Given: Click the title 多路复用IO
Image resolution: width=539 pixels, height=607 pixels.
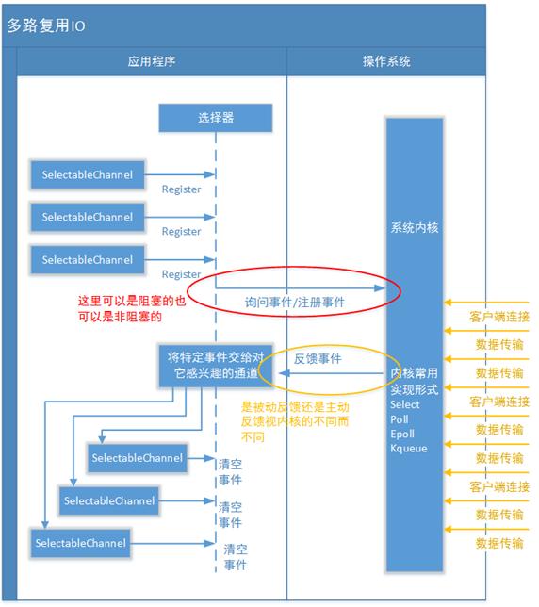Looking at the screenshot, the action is [x=46, y=25].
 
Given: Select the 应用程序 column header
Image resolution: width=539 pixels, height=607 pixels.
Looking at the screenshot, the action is [x=152, y=61].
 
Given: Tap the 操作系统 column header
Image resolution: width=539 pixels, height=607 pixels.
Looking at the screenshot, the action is [x=386, y=61].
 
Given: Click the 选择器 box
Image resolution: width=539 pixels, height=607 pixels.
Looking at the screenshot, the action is [x=216, y=118].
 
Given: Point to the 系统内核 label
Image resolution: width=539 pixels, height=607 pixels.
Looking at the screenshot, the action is [x=415, y=228].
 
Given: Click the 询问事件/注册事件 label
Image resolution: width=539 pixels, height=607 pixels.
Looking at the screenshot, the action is [x=295, y=302].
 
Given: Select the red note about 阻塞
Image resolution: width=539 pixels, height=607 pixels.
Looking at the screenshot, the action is [x=132, y=308].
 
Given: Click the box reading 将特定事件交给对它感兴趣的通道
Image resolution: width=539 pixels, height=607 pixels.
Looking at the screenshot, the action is [x=216, y=366].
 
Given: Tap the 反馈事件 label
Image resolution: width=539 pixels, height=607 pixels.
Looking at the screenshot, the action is [x=318, y=359].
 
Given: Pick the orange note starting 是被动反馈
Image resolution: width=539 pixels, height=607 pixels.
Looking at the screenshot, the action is [x=295, y=421].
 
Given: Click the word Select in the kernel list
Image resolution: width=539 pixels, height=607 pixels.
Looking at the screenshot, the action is [x=405, y=404].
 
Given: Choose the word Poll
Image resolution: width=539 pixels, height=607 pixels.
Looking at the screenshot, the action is [x=400, y=419].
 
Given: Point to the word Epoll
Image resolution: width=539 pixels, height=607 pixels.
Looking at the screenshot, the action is [x=402, y=434].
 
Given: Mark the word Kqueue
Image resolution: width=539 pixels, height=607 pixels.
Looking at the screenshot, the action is [x=409, y=449].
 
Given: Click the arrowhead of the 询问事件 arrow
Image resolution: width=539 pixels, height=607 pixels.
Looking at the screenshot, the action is [x=380, y=287].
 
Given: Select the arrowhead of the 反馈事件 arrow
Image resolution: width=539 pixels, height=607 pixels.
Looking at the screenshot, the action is [x=285, y=373].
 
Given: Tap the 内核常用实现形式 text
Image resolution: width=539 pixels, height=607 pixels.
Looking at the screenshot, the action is [x=415, y=382].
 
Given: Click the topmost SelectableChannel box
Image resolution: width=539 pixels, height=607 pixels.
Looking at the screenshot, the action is [x=88, y=174].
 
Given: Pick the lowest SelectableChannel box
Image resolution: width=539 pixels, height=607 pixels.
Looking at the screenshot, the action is [x=80, y=543].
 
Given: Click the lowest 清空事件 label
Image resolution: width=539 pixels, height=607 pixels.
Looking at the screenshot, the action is [x=236, y=557].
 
